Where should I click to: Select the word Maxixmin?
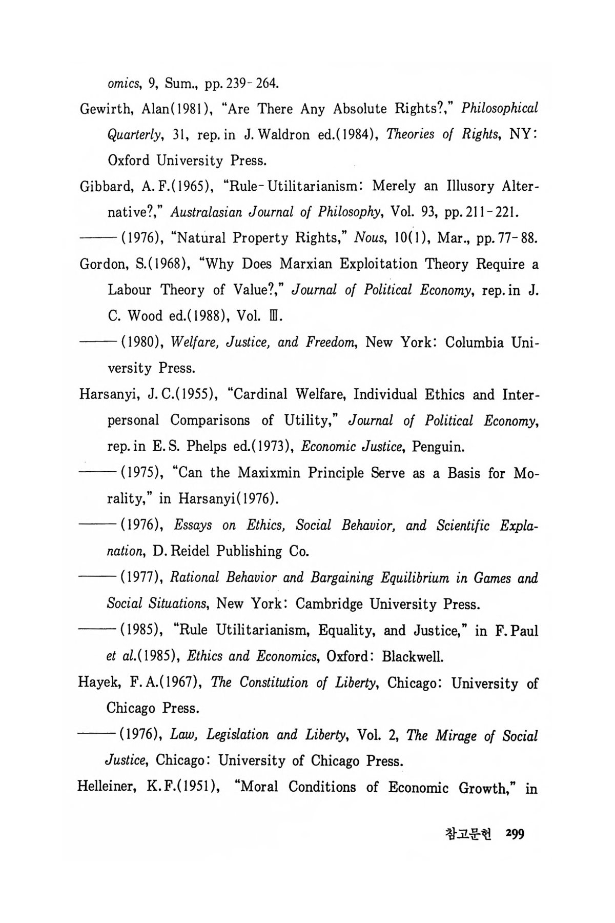268,473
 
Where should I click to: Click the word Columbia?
475,343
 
